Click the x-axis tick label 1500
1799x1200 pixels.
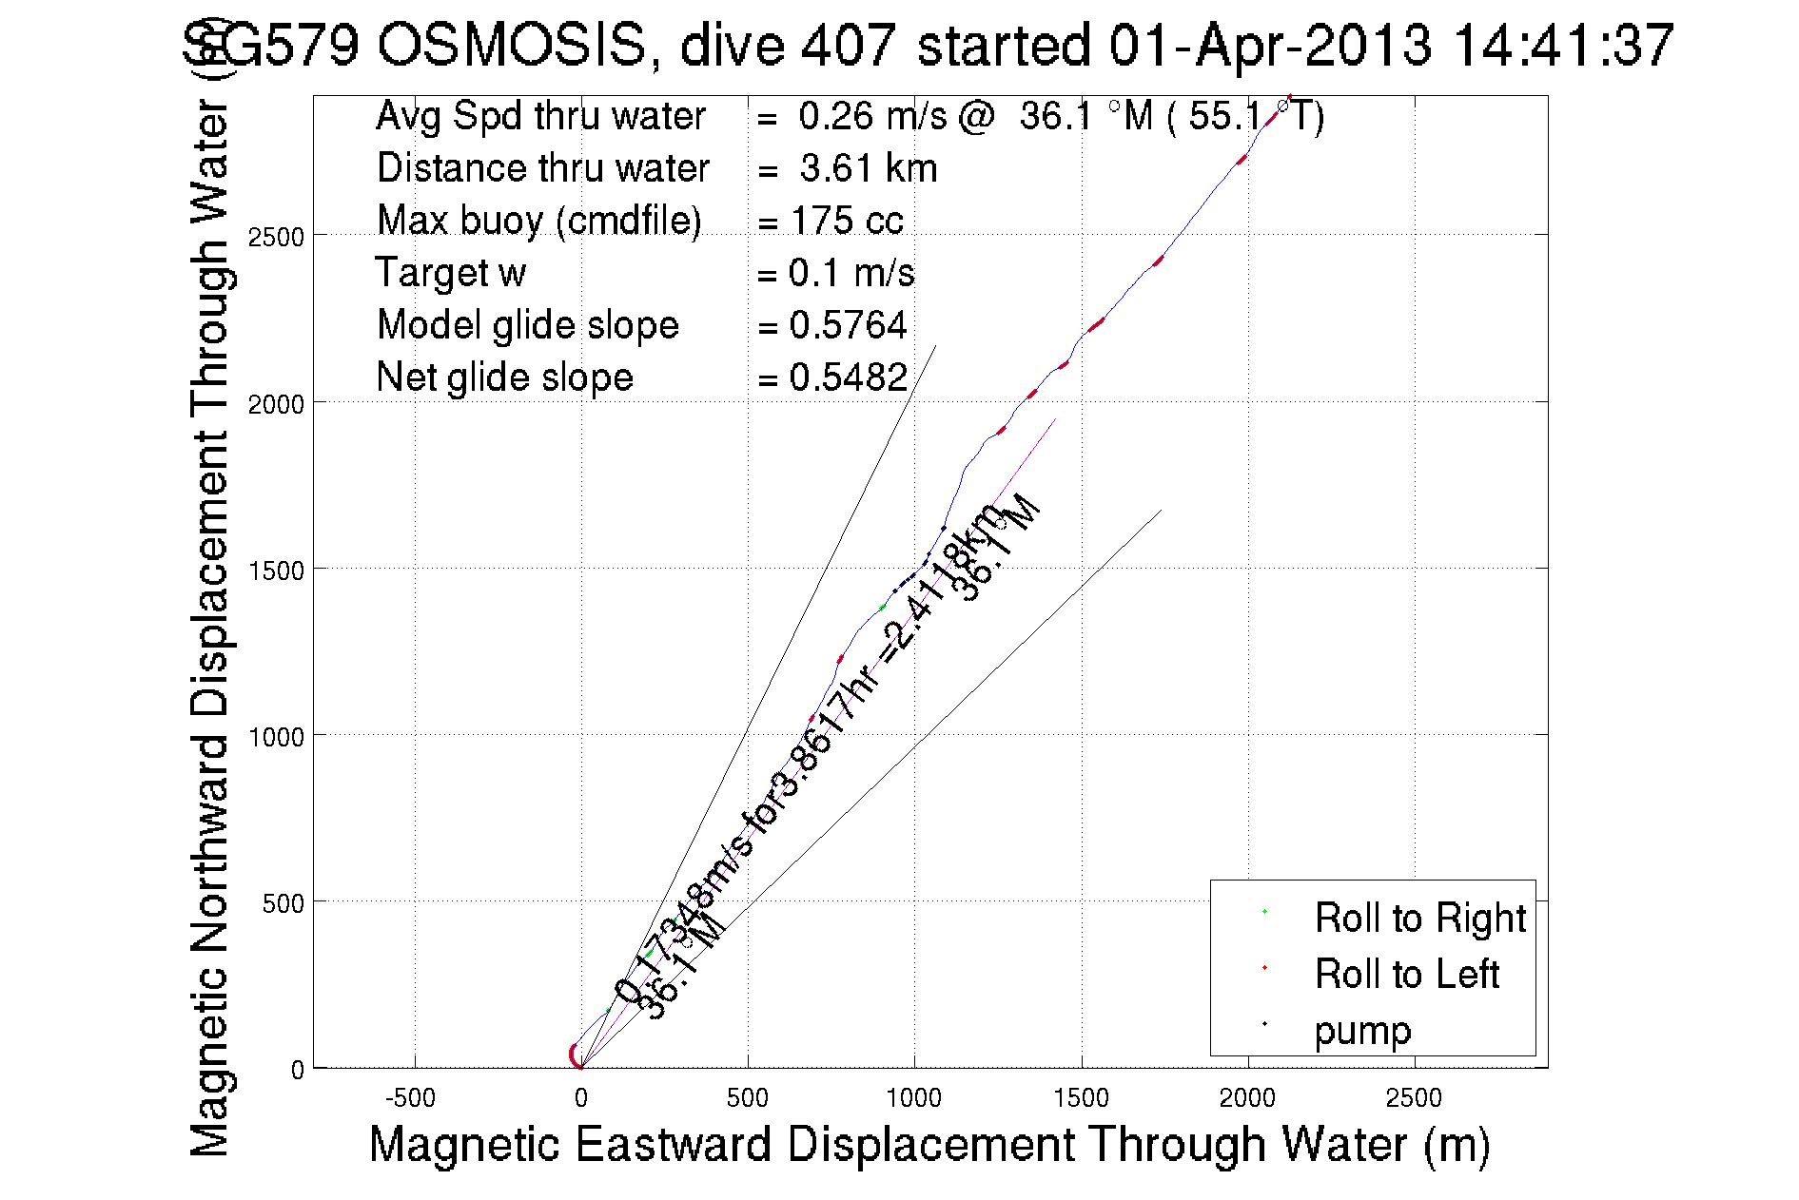pos(1081,1098)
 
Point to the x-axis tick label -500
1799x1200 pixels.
pos(410,1098)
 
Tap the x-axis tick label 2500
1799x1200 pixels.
pos(1414,1098)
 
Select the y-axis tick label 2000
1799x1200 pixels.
pos(276,404)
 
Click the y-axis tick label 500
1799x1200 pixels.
pos(284,903)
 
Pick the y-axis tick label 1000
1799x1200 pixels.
pos(276,737)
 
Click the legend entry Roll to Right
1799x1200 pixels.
pos(1419,919)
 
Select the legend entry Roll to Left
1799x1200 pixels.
pos(1406,975)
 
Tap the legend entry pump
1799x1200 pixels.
pos(1362,1031)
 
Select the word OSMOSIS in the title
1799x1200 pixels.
pos(511,45)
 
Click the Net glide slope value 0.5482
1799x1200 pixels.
pos(848,377)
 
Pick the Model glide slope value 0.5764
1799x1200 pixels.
pos(848,325)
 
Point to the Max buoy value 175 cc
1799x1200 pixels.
pos(847,221)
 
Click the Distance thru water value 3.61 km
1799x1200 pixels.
pos(868,168)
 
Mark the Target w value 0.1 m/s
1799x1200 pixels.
pos(851,273)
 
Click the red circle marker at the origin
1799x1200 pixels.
pos(576,1055)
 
